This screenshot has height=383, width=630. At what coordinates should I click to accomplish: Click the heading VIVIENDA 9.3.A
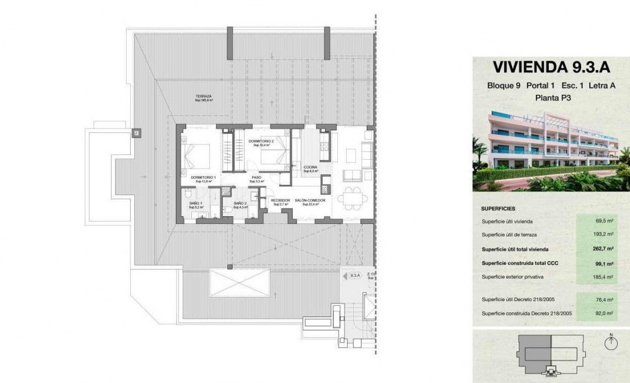[x=551, y=65]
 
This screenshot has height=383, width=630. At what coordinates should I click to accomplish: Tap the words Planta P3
[x=551, y=98]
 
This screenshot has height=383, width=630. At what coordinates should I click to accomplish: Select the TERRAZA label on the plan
[x=204, y=97]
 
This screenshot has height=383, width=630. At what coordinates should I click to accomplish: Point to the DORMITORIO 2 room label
[x=261, y=141]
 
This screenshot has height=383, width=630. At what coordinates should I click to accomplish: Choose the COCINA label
[x=310, y=167]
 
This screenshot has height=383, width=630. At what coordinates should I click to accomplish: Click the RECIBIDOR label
[x=280, y=200]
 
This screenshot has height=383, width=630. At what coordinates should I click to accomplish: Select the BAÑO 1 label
[x=196, y=203]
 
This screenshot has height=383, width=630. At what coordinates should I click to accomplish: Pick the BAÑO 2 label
[x=239, y=203]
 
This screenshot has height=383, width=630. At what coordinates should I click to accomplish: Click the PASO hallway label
[x=256, y=177]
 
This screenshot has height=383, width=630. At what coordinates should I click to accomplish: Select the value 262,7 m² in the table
[x=603, y=249]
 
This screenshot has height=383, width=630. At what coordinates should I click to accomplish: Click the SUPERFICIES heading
[x=498, y=208]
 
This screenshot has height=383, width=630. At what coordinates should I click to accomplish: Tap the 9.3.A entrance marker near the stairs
[x=354, y=275]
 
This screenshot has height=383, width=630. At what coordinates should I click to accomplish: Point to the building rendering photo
[x=551, y=150]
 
